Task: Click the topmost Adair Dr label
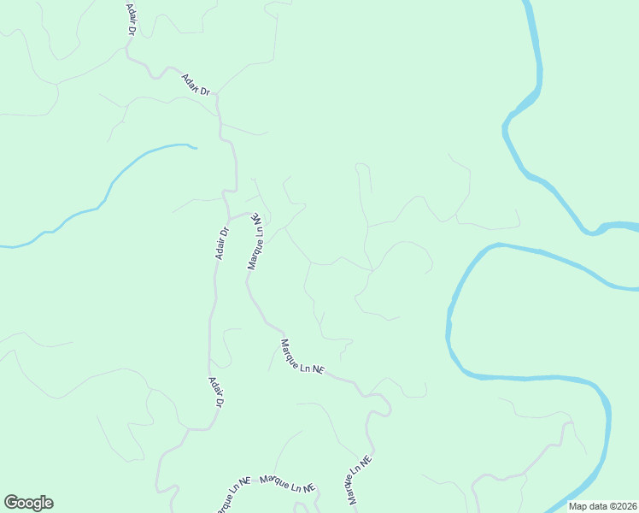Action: [132, 18]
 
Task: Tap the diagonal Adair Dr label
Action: [196, 83]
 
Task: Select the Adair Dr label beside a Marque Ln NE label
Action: [221, 242]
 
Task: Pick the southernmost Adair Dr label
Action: [215, 392]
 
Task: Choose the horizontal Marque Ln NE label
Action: [288, 484]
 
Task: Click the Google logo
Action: [28, 503]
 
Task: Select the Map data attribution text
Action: [603, 506]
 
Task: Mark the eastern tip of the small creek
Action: [196, 148]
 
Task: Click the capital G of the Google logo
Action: [11, 503]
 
